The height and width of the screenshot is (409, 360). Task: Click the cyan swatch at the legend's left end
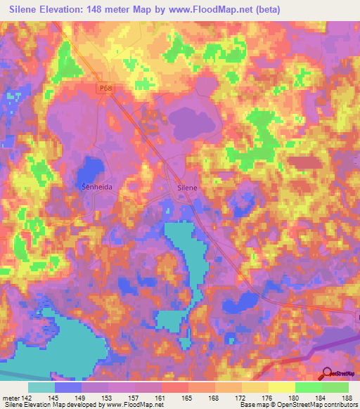[41, 387]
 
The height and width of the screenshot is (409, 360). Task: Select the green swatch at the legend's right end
[335, 387]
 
